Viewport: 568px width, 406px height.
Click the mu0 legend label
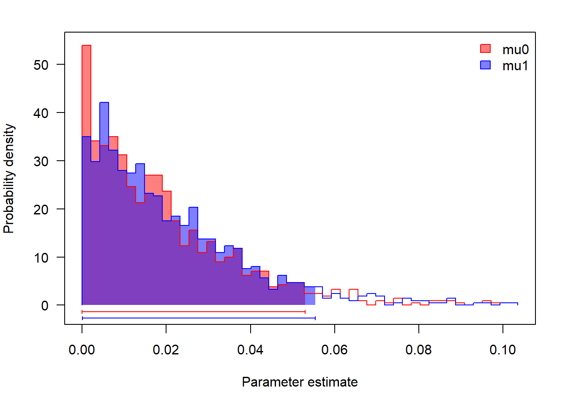(x=515, y=49)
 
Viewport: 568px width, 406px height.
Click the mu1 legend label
(x=515, y=66)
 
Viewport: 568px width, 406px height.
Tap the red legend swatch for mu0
(x=486, y=49)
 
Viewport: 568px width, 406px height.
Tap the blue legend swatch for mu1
(x=486, y=65)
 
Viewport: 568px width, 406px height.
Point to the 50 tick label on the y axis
(x=41, y=65)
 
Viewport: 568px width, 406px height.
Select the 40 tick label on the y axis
(x=41, y=113)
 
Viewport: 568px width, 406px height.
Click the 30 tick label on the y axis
(x=41, y=161)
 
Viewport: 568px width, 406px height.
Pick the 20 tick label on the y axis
(x=41, y=209)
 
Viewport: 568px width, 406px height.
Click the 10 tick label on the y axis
(x=41, y=258)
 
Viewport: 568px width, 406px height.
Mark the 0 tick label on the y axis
(x=45, y=306)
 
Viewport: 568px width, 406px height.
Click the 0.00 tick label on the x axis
(x=82, y=350)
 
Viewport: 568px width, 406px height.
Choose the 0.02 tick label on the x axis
(x=166, y=350)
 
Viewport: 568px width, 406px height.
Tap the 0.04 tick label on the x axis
(x=250, y=350)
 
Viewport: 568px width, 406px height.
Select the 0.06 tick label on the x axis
(x=334, y=350)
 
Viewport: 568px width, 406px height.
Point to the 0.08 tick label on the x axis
(x=418, y=350)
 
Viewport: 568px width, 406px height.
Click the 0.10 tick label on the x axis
(x=502, y=350)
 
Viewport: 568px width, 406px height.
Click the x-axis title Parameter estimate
(x=300, y=382)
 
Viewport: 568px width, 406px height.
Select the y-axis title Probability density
(x=9, y=178)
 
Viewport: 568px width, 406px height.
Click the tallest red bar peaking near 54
(x=86, y=89)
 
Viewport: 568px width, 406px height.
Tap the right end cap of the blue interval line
(x=315, y=318)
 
